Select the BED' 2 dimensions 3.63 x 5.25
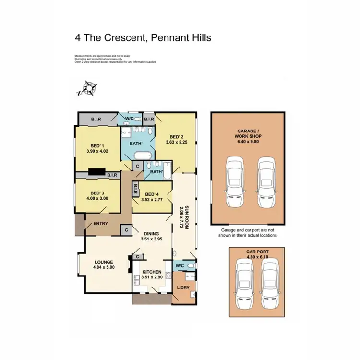coord(175,142)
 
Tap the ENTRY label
coord(100,224)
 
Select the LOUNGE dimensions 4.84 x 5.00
coord(103,268)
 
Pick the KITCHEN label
coord(151,272)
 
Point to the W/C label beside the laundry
coord(180,265)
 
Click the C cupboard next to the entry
coord(126,230)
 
